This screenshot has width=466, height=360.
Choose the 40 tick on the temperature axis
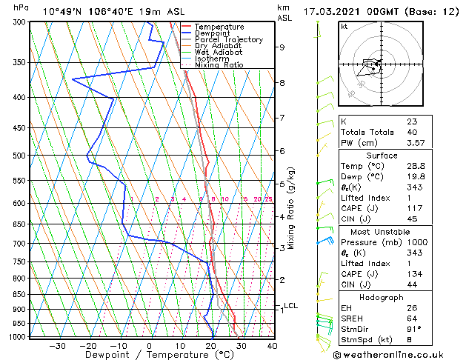pos(272,345)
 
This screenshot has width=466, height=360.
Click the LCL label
pos(290,305)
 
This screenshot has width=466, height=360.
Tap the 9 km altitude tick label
pos(282,47)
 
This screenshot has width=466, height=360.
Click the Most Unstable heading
pos(380,232)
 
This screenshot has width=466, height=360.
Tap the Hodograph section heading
pos(381,297)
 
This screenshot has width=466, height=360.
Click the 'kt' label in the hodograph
pos(344,26)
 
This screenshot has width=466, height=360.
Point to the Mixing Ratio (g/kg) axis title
pos(292,208)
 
